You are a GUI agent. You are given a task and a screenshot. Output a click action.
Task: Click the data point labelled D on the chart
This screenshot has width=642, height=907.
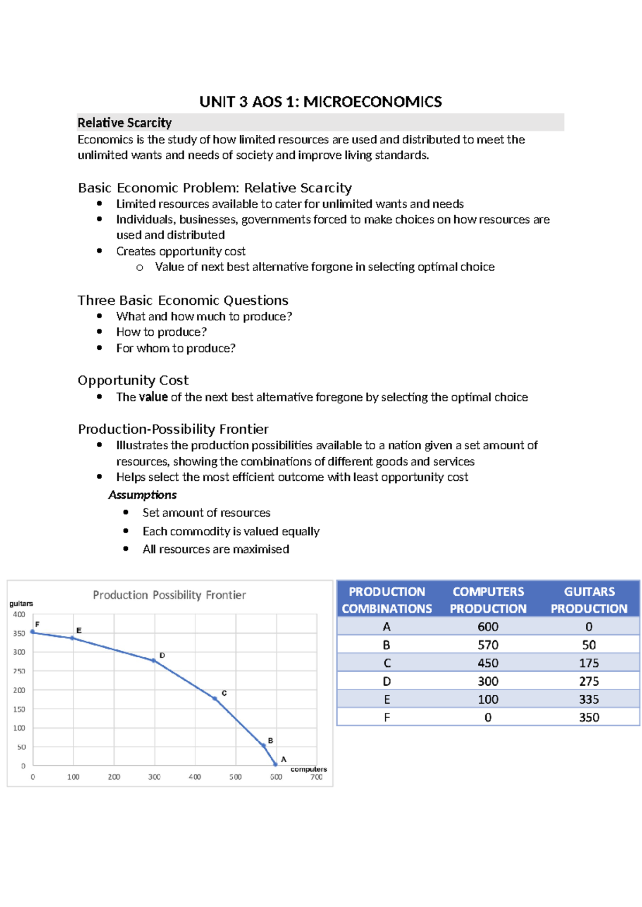[x=154, y=660]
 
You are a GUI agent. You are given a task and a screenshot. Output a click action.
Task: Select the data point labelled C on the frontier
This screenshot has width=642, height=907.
[x=215, y=698]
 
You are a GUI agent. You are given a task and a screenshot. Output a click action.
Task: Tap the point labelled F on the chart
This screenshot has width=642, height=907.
[x=33, y=632]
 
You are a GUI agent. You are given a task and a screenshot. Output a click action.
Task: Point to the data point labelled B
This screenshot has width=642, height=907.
[x=264, y=745]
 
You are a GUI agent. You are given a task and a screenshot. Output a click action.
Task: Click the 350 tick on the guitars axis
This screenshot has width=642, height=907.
[x=19, y=633]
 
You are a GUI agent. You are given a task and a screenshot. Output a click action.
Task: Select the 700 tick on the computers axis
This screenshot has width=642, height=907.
[x=317, y=777]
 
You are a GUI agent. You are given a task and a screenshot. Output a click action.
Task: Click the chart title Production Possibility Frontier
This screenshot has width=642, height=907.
[x=169, y=595]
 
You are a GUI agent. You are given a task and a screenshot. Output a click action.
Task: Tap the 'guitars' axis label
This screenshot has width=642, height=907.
[x=21, y=603]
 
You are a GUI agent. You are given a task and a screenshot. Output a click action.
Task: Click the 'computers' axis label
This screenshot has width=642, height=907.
[x=309, y=769]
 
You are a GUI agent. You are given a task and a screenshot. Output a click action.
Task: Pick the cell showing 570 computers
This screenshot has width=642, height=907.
[x=488, y=645]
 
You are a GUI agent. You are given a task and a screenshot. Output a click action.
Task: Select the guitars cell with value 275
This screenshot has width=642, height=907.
[x=588, y=681]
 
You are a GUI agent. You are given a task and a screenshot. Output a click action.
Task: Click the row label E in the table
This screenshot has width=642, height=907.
[x=387, y=700]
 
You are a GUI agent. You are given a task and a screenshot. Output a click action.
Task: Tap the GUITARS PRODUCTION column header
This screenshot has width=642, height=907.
[x=589, y=600]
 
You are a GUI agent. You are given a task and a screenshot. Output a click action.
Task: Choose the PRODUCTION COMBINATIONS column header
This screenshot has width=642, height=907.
[x=387, y=600]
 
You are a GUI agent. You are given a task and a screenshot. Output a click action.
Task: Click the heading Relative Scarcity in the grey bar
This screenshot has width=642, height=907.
[x=125, y=122]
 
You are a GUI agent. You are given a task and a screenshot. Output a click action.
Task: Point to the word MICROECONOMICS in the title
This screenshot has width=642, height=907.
[x=372, y=102]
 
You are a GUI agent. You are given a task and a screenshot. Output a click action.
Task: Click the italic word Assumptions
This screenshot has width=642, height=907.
[x=142, y=495]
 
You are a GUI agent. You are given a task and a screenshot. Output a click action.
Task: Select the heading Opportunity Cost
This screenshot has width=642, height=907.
[x=133, y=380]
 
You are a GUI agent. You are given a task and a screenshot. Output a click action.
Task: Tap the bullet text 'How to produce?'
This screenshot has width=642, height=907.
[x=162, y=332]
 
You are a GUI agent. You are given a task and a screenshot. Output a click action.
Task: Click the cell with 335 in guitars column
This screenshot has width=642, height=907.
[x=588, y=700]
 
